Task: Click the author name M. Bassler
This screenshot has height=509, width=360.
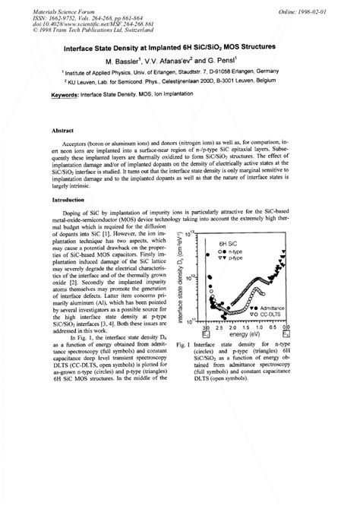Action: [x=126, y=58]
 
